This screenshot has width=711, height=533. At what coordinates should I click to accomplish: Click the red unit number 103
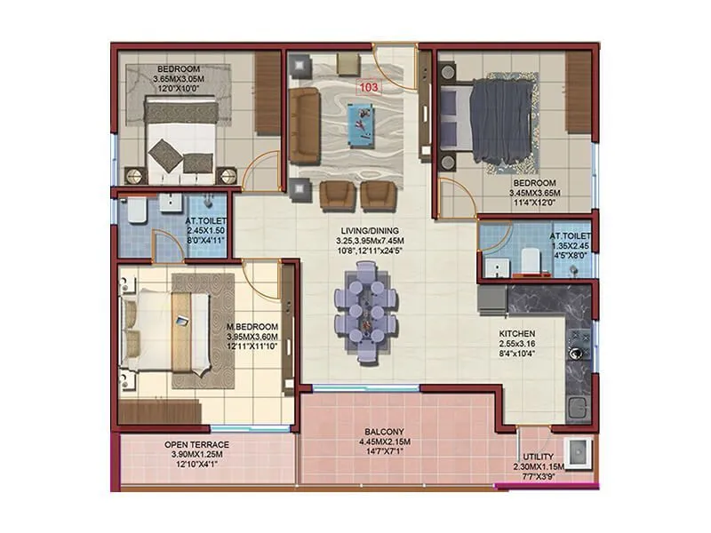[367, 88]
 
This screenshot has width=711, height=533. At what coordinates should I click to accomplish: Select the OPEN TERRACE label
[196, 444]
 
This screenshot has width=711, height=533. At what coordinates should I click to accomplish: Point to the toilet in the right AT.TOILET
[530, 259]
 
